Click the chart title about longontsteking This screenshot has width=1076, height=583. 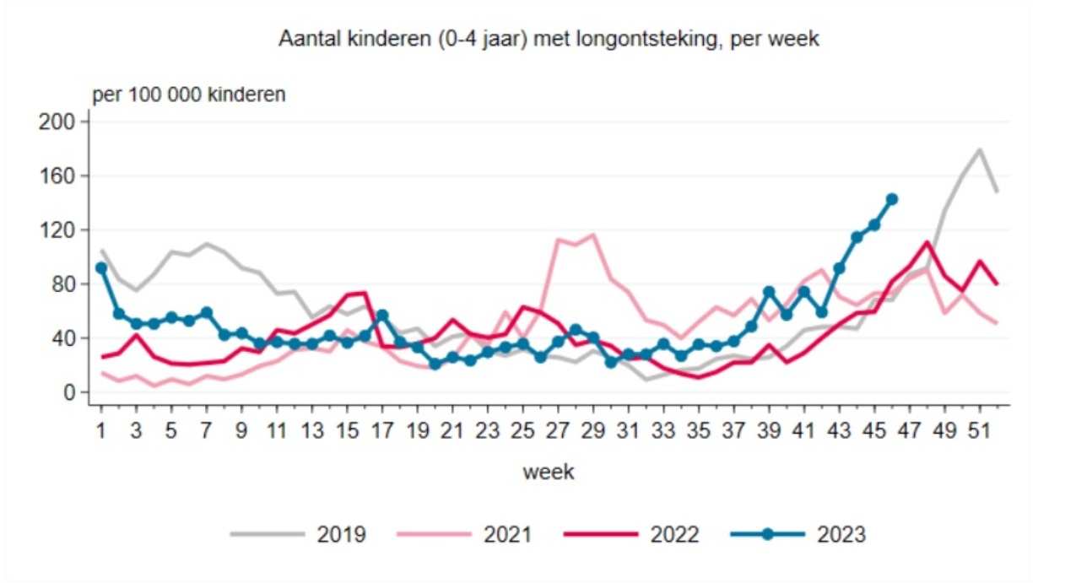click(549, 40)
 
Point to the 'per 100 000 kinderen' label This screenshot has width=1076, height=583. click(188, 94)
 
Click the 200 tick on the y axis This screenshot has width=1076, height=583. click(58, 121)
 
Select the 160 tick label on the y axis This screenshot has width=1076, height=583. click(58, 175)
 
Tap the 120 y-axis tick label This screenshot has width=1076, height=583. click(58, 229)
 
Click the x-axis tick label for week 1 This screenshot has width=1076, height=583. click(101, 430)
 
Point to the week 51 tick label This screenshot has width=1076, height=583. click(980, 430)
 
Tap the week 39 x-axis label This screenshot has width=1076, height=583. click(770, 430)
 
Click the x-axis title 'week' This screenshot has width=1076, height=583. click(549, 472)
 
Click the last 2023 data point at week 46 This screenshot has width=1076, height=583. click(892, 199)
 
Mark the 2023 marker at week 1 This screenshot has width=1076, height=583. click(101, 267)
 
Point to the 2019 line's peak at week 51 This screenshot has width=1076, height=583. click(980, 150)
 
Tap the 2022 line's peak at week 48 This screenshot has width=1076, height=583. click(927, 243)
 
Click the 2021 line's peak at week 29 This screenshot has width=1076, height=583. click(594, 235)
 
